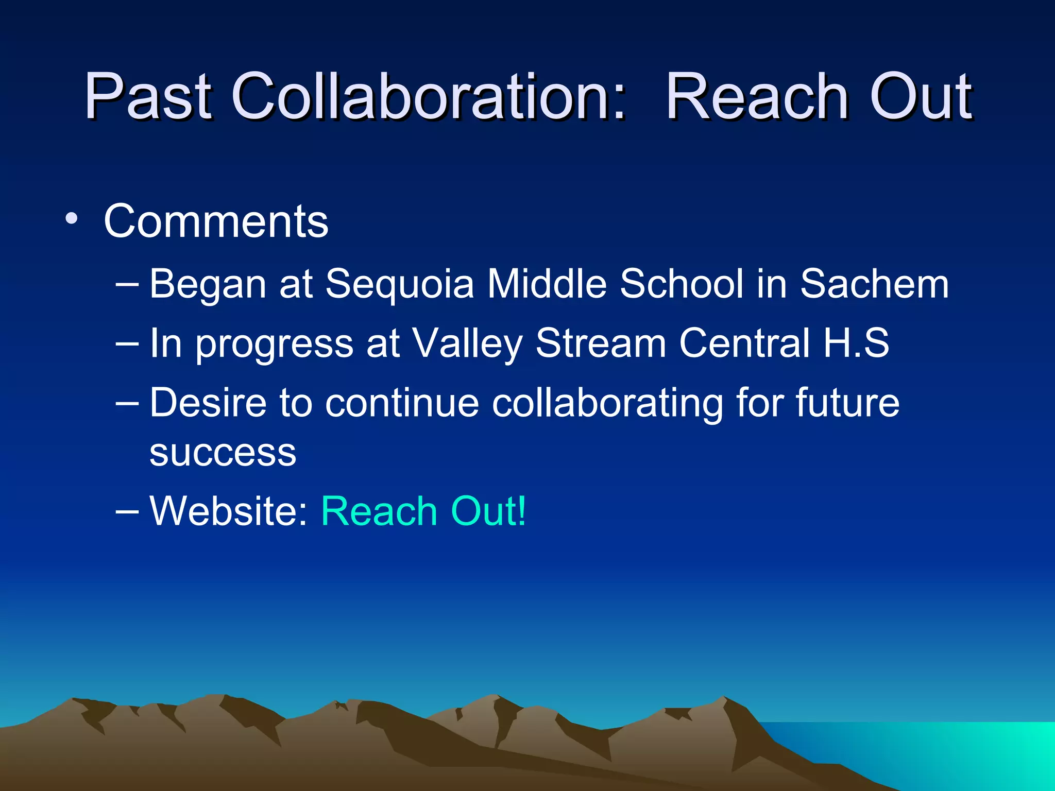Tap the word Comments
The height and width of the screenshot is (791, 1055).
point(216,221)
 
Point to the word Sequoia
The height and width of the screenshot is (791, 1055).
point(399,284)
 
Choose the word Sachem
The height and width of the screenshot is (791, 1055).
point(874,284)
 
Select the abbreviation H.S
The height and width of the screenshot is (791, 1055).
point(856,343)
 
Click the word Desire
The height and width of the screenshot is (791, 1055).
point(208,403)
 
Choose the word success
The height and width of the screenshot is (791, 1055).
point(223,453)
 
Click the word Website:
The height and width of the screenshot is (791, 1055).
point(229,511)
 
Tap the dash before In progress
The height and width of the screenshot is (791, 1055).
point(127,343)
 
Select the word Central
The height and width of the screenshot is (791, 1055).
point(744,344)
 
